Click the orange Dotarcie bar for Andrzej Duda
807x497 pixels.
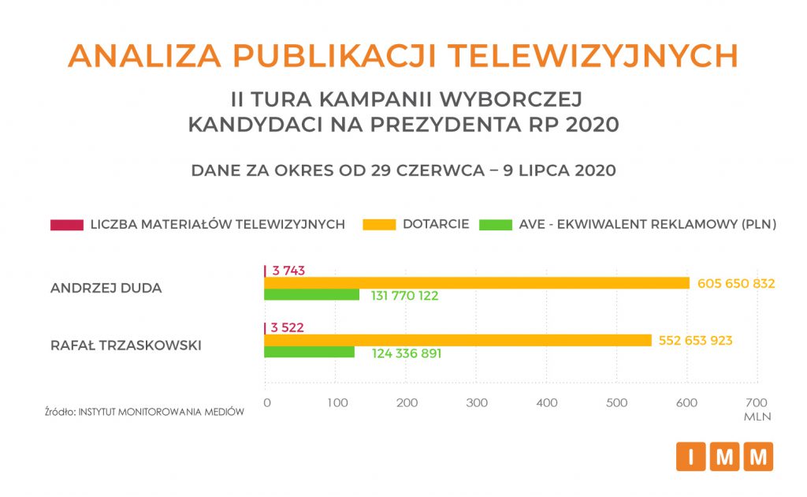pyautogui.click(x=476, y=283)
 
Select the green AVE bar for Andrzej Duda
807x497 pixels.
pyautogui.click(x=311, y=295)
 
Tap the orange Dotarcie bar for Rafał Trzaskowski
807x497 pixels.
pyautogui.click(x=458, y=340)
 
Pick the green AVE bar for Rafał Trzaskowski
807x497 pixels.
pyautogui.click(x=309, y=352)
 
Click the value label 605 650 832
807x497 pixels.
pyautogui.click(x=736, y=283)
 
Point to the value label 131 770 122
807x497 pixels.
pyautogui.click(x=404, y=297)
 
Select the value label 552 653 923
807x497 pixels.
pyautogui.click(x=694, y=341)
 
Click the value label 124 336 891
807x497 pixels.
pyautogui.click(x=407, y=353)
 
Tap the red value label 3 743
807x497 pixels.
pyautogui.click(x=288, y=271)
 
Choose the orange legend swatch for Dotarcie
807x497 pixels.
pyautogui.click(x=378, y=225)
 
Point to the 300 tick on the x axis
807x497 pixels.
pyautogui.click(x=476, y=403)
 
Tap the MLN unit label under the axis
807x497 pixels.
pyautogui.click(x=756, y=416)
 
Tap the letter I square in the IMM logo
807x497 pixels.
pyautogui.click(x=690, y=457)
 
